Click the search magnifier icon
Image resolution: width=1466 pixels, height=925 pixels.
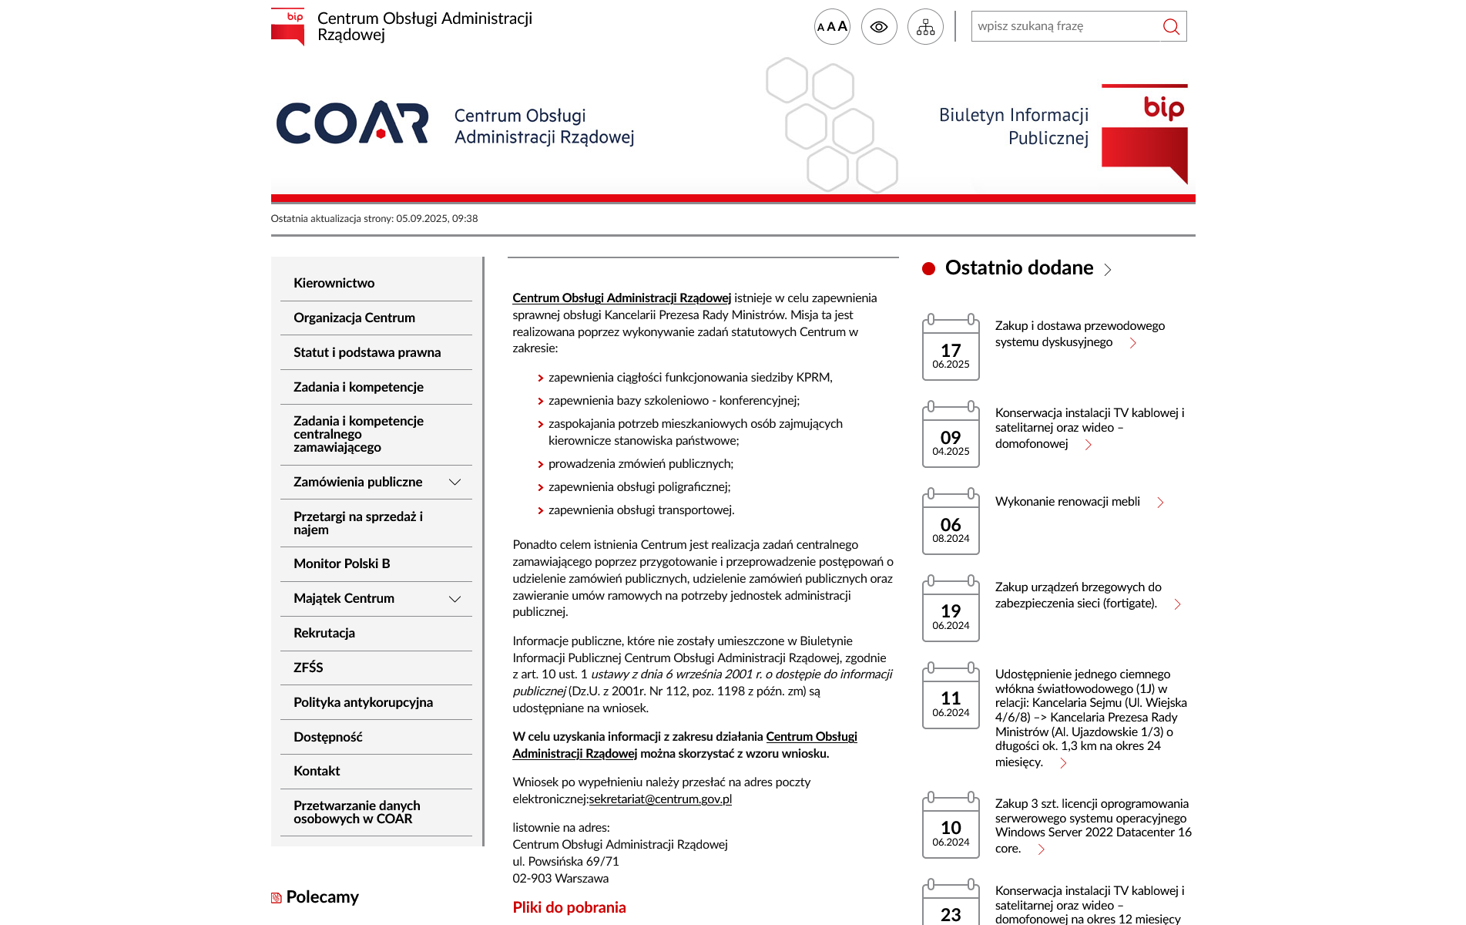(x=1171, y=27)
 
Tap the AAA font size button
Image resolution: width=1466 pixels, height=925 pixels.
(x=832, y=27)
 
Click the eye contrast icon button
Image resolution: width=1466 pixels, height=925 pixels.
(x=879, y=27)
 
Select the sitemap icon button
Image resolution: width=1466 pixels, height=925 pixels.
(x=925, y=28)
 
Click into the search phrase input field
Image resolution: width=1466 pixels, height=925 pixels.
(x=1063, y=26)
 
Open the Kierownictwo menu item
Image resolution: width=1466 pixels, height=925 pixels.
(x=334, y=283)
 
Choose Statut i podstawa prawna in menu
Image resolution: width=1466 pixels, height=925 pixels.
(x=367, y=352)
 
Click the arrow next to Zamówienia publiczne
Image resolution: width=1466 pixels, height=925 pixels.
(x=455, y=483)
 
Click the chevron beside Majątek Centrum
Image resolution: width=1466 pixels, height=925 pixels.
(x=455, y=599)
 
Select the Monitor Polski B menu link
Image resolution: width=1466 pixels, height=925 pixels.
(x=341, y=563)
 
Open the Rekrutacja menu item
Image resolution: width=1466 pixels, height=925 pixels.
(x=324, y=633)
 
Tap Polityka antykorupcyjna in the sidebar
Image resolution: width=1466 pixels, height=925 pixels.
(x=363, y=702)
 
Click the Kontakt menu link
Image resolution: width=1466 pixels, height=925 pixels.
(x=317, y=771)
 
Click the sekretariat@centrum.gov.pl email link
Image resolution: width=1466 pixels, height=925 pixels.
(x=660, y=799)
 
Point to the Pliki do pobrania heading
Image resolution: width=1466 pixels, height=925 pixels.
(x=569, y=907)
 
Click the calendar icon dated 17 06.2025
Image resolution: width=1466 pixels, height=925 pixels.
(x=951, y=348)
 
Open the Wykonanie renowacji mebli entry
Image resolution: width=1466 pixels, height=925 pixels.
(x=1067, y=502)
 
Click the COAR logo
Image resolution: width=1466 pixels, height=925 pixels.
(x=352, y=123)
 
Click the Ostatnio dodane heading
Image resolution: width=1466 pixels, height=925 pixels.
(x=1018, y=268)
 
